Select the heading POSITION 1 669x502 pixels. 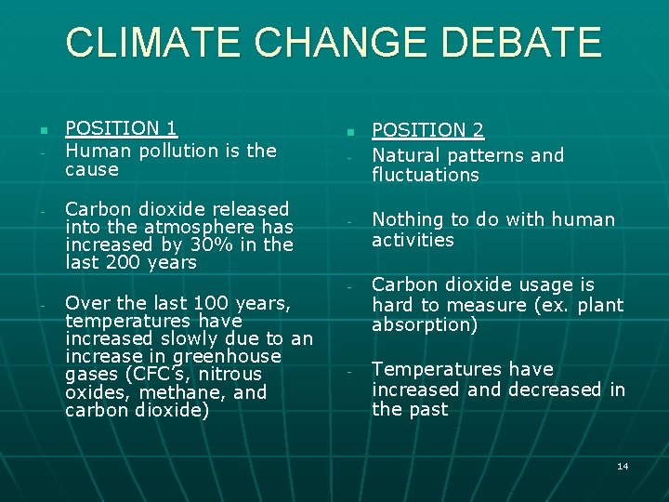tap(122, 129)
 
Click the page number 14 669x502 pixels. tap(623, 466)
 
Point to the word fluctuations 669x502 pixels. tap(426, 175)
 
